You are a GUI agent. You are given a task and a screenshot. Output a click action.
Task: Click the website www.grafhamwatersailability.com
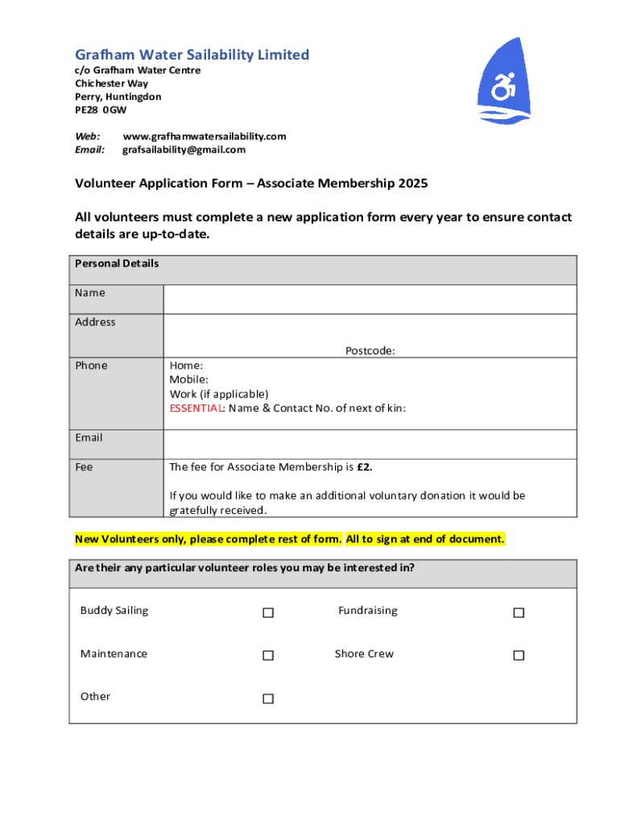pos(204,136)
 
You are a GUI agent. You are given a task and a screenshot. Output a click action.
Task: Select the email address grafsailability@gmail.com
pos(184,150)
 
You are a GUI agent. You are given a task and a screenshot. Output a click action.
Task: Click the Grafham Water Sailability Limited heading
pos(192,55)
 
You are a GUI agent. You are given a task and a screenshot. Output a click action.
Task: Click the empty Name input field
pos(370,299)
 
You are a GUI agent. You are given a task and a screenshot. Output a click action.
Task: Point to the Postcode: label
pos(370,350)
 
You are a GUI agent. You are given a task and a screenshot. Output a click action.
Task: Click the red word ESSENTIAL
pos(196,408)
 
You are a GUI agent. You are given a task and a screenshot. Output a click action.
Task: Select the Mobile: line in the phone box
pos(188,379)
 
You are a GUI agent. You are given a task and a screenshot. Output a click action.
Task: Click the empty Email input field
pos(370,444)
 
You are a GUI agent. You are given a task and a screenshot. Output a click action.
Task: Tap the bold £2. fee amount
pos(364,467)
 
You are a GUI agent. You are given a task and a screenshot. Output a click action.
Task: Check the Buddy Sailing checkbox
pos(268,613)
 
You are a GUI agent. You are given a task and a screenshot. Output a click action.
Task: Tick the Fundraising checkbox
pos(519,613)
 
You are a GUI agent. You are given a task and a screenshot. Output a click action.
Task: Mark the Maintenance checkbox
pos(268,656)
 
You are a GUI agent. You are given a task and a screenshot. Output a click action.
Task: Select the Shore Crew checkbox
pos(519,656)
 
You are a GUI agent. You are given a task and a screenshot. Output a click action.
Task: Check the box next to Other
pos(268,699)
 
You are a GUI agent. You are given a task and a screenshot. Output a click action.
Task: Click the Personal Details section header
pos(117,263)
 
